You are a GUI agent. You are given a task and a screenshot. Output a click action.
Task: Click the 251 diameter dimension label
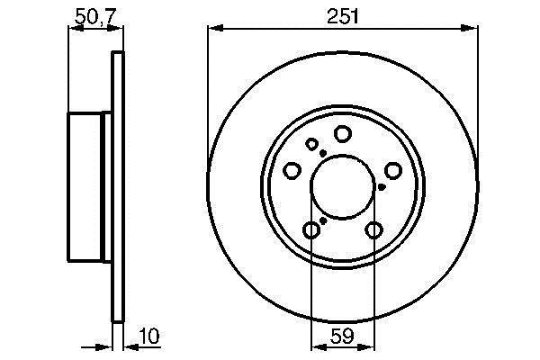coord(343,16)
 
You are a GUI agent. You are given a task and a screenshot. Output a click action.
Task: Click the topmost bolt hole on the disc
coord(343,134)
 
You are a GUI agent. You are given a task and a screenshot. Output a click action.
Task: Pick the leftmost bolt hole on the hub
coord(292,170)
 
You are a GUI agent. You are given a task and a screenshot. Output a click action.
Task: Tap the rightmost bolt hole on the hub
coord(393,170)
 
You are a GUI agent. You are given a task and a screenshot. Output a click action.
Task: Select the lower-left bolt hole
coord(311,229)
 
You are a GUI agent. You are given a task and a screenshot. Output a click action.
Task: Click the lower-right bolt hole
coord(374,229)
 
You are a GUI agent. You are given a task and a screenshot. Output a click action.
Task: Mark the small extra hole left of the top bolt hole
coord(312,144)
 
